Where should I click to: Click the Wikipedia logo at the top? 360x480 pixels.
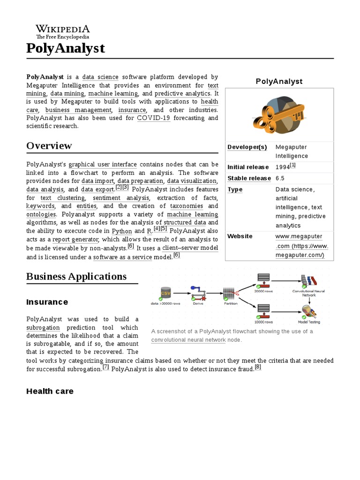coord(63,31)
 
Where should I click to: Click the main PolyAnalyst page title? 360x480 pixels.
coord(66,48)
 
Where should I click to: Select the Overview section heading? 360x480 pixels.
coord(49,146)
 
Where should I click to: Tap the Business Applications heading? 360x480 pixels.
coord(76,276)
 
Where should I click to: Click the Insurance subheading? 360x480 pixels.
coord(47,302)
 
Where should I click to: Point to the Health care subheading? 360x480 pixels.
coord(50,391)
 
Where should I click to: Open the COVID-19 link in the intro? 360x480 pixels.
coord(153,118)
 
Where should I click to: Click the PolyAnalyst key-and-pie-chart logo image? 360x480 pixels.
coord(279,113)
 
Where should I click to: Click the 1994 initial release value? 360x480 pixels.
coord(283,167)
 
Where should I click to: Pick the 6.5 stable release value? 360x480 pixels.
coord(280,178)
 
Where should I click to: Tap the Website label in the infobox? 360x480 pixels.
coord(240,236)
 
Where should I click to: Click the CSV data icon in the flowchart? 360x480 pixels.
coord(165,293)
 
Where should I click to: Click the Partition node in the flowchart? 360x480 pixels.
coord(230,294)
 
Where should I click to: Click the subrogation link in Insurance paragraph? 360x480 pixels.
coord(43,328)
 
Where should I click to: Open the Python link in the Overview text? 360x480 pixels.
coord(122,231)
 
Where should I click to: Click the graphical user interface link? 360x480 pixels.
coord(103,164)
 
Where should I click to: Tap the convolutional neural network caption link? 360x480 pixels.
coord(188,340)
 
